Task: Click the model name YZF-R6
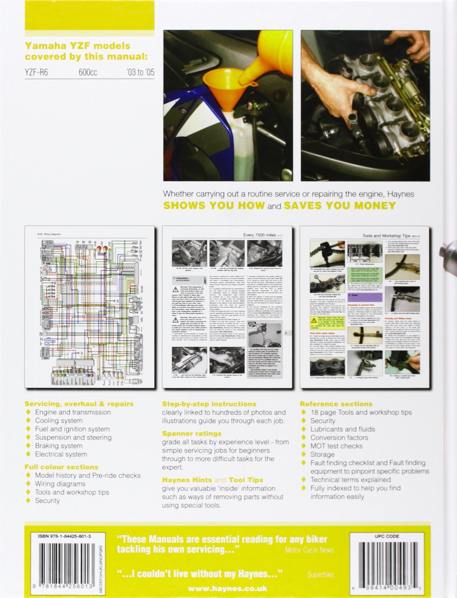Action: [x=37, y=72]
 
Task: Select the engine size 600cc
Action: [x=88, y=72]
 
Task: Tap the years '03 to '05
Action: [x=140, y=72]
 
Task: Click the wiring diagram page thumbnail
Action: [x=89, y=307]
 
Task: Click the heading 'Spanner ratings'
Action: [x=192, y=433]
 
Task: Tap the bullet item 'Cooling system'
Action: [x=59, y=420]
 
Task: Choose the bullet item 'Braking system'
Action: [x=59, y=446]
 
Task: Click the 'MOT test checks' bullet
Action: [x=336, y=446]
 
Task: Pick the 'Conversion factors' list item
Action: [x=339, y=438]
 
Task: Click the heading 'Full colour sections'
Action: [x=62, y=467]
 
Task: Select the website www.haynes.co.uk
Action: [x=227, y=589]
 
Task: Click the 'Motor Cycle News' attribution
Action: [x=309, y=550]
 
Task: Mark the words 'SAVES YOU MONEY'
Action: [x=340, y=206]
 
